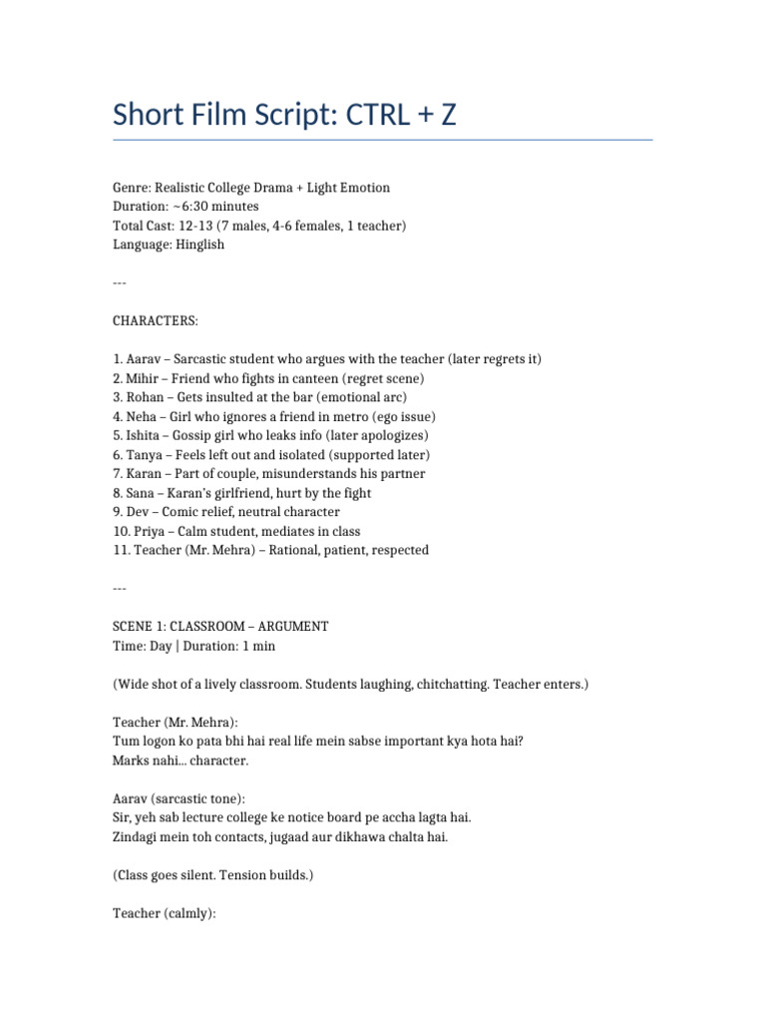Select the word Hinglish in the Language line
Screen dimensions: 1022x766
pyautogui.click(x=198, y=245)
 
